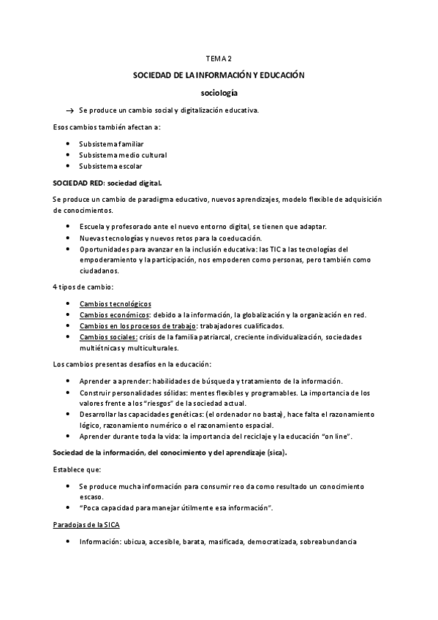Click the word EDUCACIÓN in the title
pyautogui.click(x=278, y=75)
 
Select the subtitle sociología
pyautogui.click(x=219, y=93)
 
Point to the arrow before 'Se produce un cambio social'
pyautogui.click(x=70, y=110)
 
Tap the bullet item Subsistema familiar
pyautogui.click(x=111, y=144)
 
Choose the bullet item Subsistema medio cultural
pyautogui.click(x=123, y=155)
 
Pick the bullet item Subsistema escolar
pyautogui.click(x=110, y=166)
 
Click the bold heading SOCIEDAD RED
pyautogui.click(x=78, y=182)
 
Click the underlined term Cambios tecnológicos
pyautogui.click(x=115, y=303)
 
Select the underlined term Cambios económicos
pyautogui.click(x=114, y=314)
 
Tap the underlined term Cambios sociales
pyautogui.click(x=108, y=336)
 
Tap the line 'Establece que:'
pyautogui.click(x=78, y=469)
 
